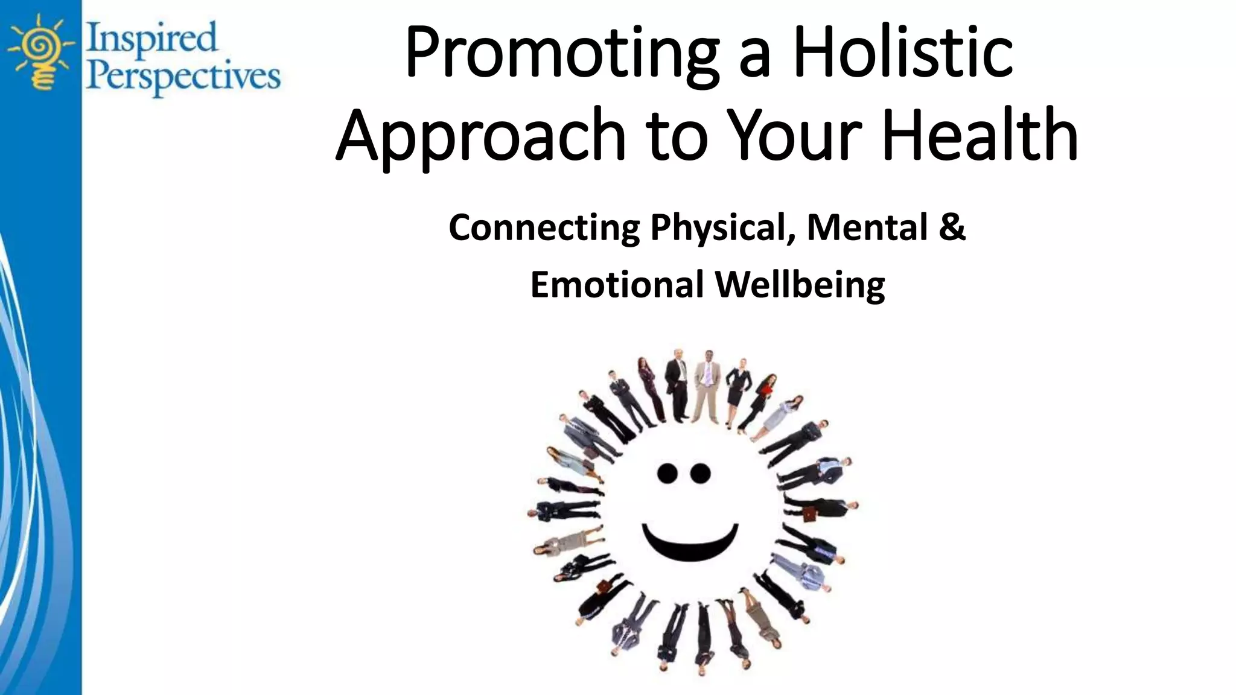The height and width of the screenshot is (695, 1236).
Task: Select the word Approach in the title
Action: point(480,136)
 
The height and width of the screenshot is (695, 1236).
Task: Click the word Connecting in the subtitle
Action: point(543,228)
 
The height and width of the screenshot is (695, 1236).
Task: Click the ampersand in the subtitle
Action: point(952,228)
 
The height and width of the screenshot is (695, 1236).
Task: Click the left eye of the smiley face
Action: point(667,474)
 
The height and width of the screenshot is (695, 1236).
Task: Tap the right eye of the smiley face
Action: point(700,474)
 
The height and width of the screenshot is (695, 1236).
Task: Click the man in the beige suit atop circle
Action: point(707,386)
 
